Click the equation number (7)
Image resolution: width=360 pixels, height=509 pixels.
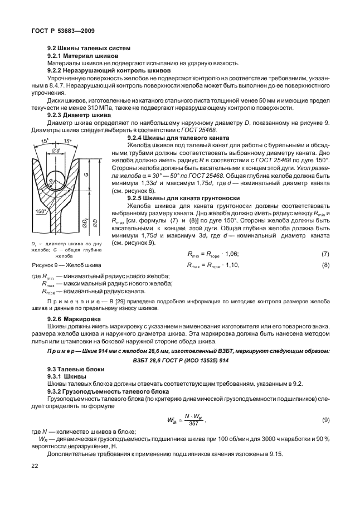pos(325,254)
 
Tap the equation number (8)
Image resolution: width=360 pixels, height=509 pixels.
pos(325,265)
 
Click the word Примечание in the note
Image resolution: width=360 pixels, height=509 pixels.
pos(69,301)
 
